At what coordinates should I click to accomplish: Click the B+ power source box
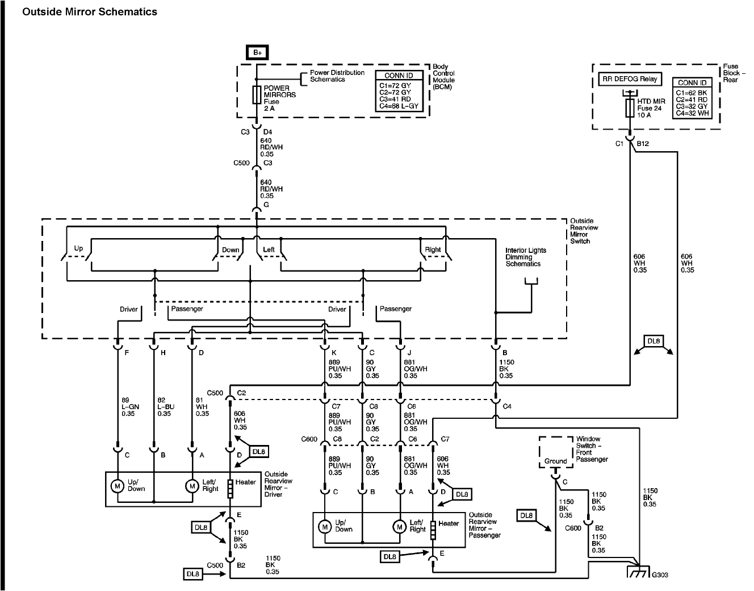point(257,53)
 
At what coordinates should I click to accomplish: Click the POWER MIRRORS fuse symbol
point(257,95)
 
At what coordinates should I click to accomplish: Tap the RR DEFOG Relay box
point(630,79)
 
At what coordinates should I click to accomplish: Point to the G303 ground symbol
point(638,572)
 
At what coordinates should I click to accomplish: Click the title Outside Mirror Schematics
point(90,12)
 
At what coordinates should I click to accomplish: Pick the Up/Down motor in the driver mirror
point(118,486)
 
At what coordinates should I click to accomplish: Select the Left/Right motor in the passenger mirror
point(399,527)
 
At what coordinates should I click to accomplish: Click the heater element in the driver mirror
point(230,489)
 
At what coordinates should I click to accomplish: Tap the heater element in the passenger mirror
point(433,530)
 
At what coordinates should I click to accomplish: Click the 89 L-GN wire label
point(130,407)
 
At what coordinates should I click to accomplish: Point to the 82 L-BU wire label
point(166,407)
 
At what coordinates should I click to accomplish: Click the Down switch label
point(231,249)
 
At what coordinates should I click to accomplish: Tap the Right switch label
point(433,249)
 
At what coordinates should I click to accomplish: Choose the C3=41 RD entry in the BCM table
point(395,99)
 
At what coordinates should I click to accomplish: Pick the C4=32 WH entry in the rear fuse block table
point(692,113)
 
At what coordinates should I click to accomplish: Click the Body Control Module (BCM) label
point(443,77)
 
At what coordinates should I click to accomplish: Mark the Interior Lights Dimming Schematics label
point(525,257)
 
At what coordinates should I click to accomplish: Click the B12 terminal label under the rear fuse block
point(643,143)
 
